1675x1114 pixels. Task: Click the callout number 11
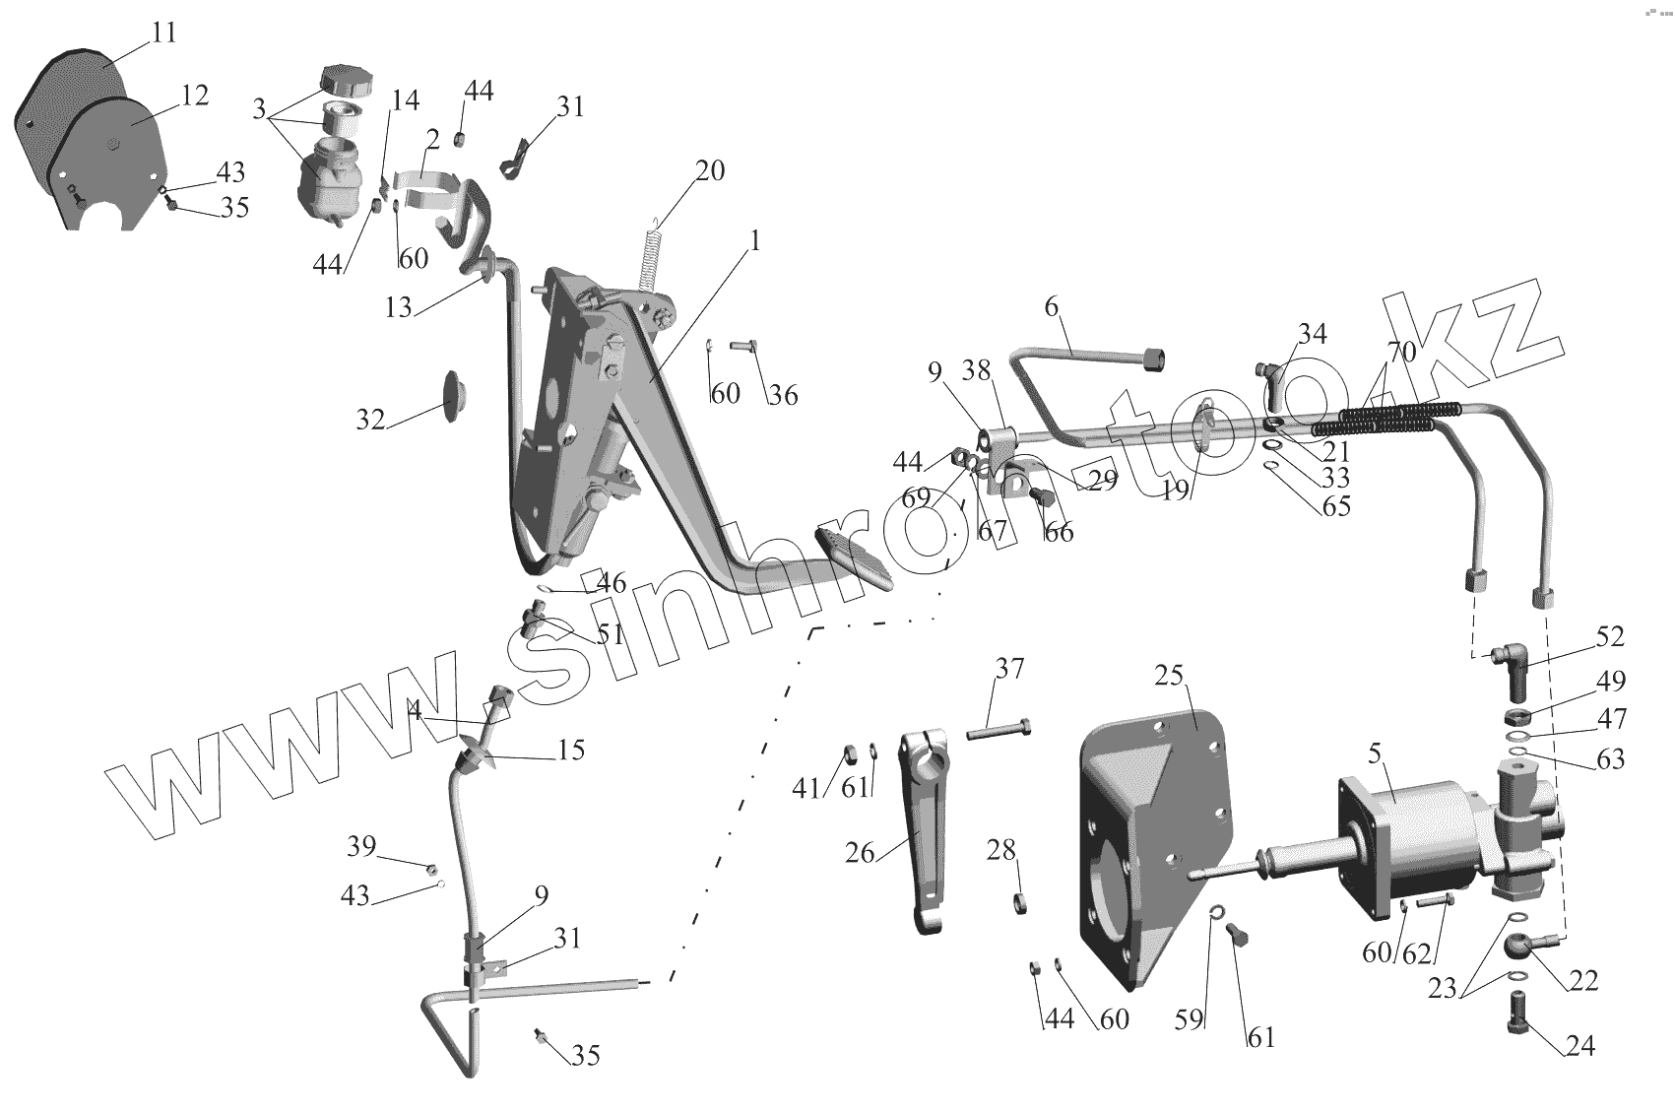click(163, 33)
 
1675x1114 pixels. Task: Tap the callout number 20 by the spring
click(709, 171)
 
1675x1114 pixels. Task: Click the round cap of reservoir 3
click(348, 79)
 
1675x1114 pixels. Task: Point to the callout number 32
click(370, 420)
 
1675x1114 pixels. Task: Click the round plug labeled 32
click(452, 396)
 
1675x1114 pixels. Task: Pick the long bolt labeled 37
click(999, 731)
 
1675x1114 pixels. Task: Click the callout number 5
click(1376, 755)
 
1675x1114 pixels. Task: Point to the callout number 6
click(1052, 306)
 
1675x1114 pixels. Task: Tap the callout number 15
click(570, 751)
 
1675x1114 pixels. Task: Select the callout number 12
click(195, 96)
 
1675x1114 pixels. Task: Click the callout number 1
click(755, 239)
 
